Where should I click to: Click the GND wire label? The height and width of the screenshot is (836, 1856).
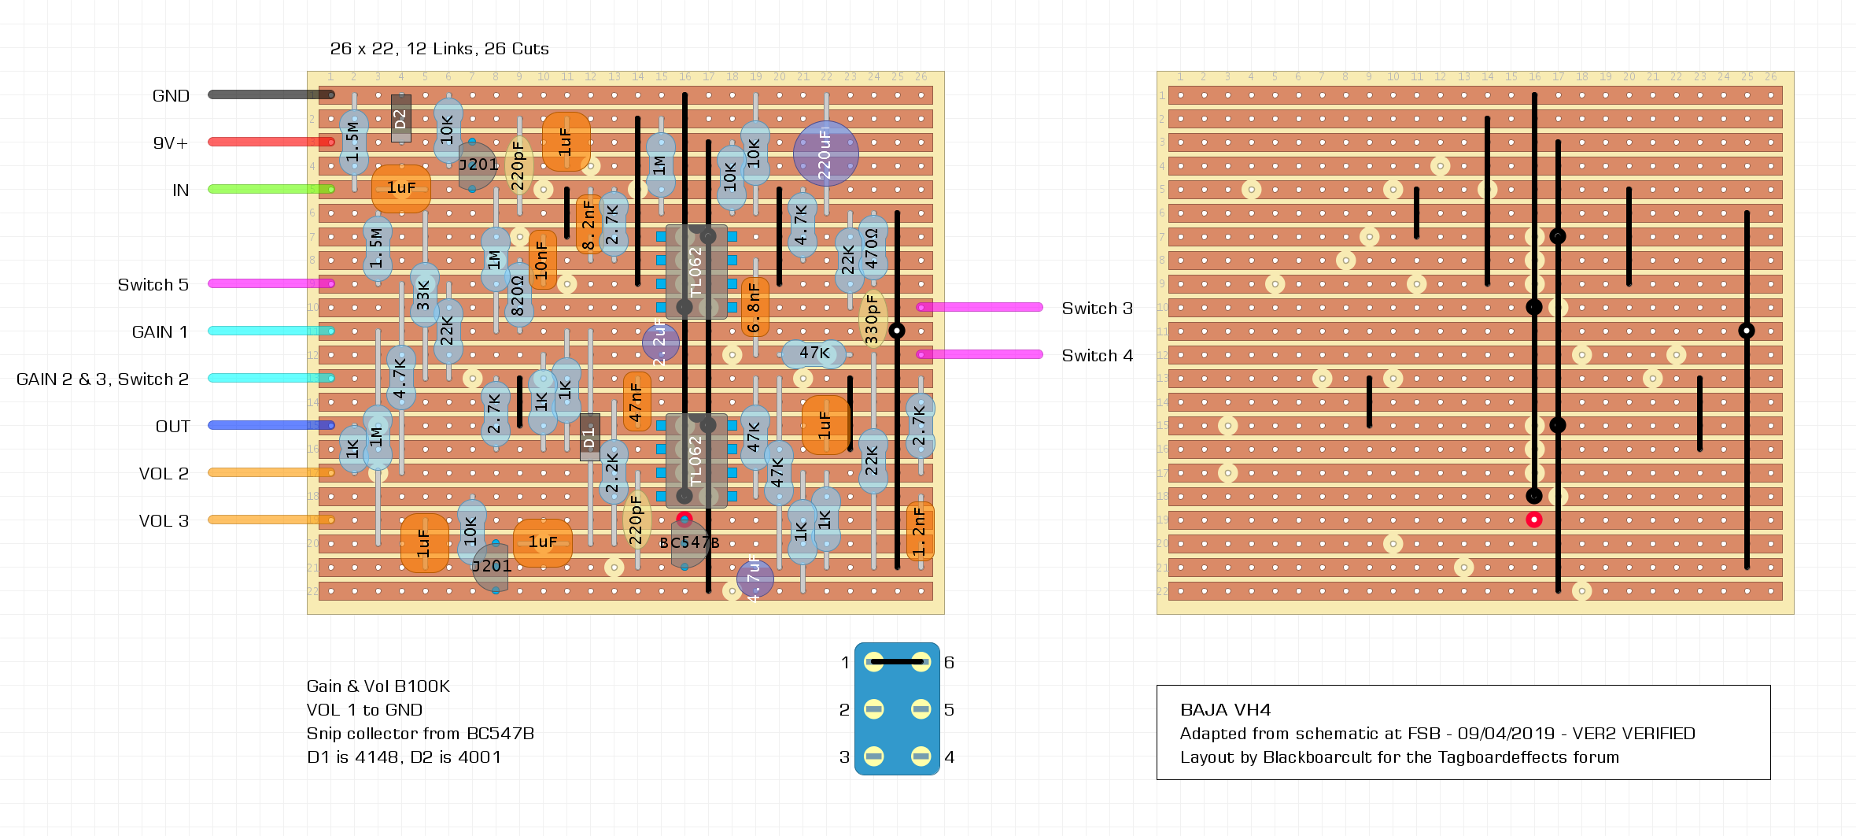171,96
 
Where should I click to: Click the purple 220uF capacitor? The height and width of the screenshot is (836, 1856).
825,154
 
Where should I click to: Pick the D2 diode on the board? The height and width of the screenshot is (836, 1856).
401,118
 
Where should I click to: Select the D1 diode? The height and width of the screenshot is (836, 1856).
589,437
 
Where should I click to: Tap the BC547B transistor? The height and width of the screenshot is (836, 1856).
688,543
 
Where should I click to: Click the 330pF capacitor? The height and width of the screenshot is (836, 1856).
873,319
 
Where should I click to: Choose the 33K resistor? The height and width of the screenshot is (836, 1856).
424,295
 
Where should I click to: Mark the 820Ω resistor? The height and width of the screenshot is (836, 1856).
518,295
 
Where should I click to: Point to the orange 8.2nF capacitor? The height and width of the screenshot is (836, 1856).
589,224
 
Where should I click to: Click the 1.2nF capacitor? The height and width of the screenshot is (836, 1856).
920,531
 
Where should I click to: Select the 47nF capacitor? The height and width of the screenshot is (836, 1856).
637,401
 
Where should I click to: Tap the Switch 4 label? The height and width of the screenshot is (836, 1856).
1097,356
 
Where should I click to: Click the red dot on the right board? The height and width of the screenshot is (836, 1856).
1533,520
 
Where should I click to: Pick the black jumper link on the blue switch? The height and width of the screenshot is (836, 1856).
897,662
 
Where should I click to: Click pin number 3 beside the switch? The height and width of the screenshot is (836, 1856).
844,757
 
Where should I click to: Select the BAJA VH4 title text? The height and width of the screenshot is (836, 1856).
1225,710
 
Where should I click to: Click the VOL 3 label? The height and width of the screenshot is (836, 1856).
164,521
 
